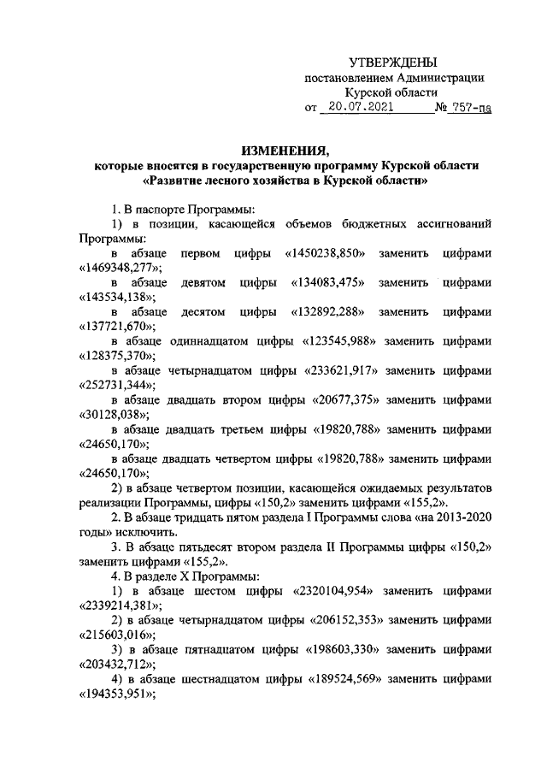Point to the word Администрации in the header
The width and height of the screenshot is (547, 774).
438,79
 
